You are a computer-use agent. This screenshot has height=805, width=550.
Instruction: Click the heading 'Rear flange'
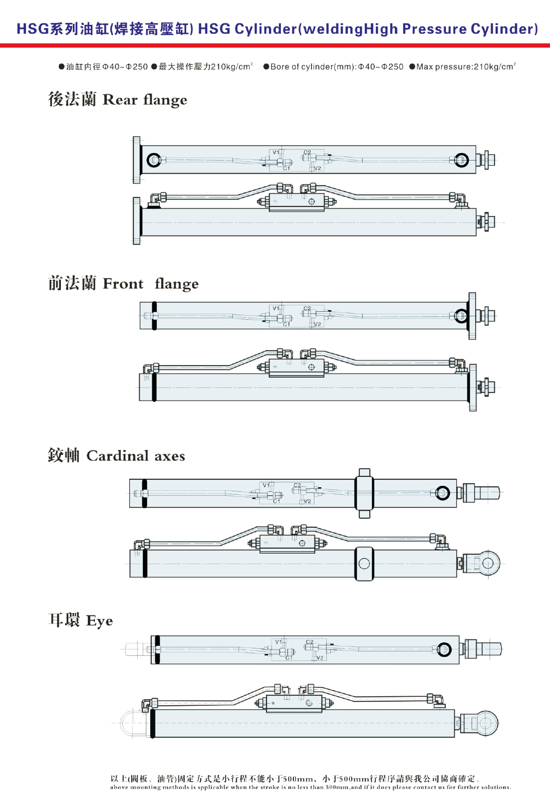pyautogui.click(x=145, y=100)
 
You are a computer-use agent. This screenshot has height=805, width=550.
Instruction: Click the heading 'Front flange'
pyautogui.click(x=151, y=284)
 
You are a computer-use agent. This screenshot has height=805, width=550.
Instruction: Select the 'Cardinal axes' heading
pyautogui.click(x=136, y=456)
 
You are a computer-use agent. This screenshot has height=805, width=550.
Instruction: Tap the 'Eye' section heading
pyautogui.click(x=99, y=621)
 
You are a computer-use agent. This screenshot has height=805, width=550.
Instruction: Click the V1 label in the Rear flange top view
pyautogui.click(x=276, y=153)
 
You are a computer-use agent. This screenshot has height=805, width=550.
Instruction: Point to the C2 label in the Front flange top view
pyautogui.click(x=307, y=308)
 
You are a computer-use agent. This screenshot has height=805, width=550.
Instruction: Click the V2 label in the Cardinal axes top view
pyautogui.click(x=307, y=501)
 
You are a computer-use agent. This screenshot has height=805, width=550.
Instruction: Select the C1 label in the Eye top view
pyautogui.click(x=289, y=658)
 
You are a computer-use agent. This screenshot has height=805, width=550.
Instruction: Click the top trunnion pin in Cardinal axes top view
pyautogui.click(x=364, y=472)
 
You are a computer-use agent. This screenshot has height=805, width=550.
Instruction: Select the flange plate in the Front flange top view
pyautogui.click(x=472, y=316)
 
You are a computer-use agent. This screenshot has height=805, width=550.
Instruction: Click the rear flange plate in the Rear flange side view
pyautogui.click(x=137, y=221)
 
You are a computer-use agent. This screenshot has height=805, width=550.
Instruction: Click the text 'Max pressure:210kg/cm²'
pyautogui.click(x=466, y=66)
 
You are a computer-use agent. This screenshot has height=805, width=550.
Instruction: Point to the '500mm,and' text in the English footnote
pyautogui.click(x=339, y=787)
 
